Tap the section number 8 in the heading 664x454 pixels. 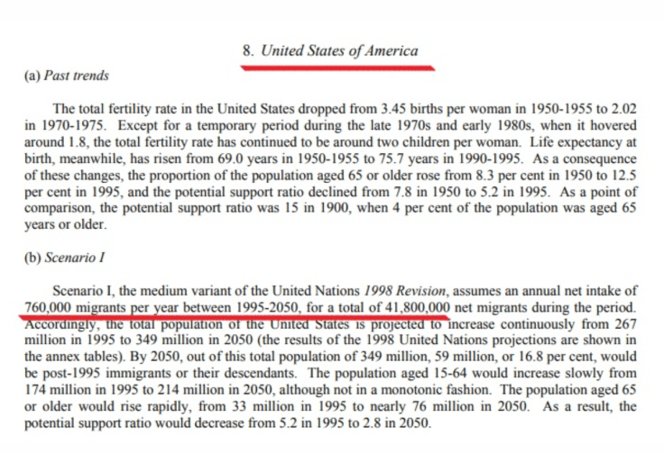(x=247, y=50)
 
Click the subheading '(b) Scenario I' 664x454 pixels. (x=63, y=258)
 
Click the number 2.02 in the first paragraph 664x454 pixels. (x=623, y=109)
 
